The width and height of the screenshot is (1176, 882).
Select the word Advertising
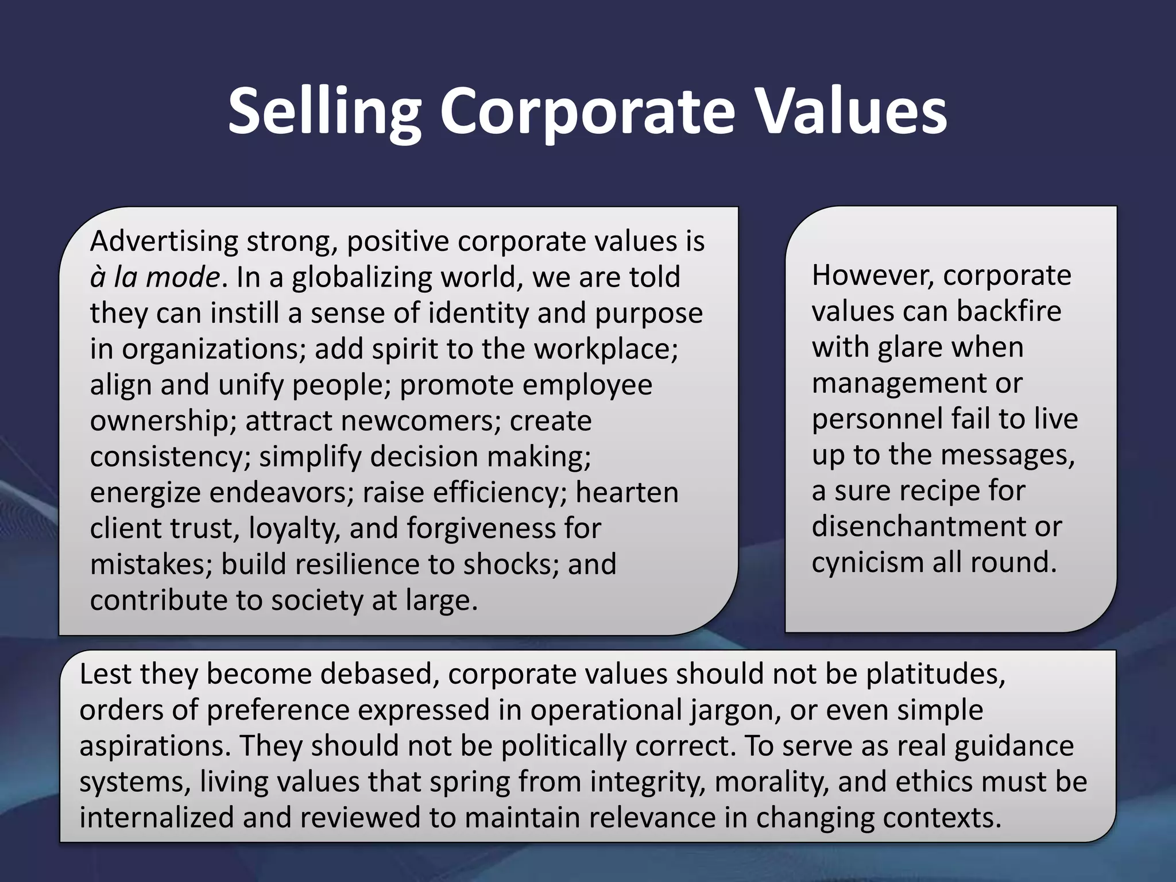pos(164,241)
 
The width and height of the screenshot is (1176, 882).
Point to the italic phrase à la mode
pos(154,277)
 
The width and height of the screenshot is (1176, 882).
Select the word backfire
pos(1009,311)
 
